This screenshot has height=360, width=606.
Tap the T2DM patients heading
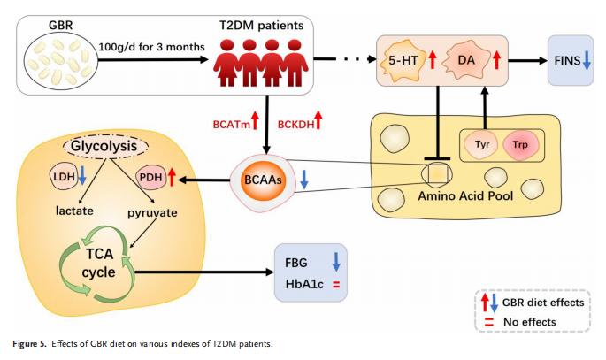(x=264, y=21)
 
